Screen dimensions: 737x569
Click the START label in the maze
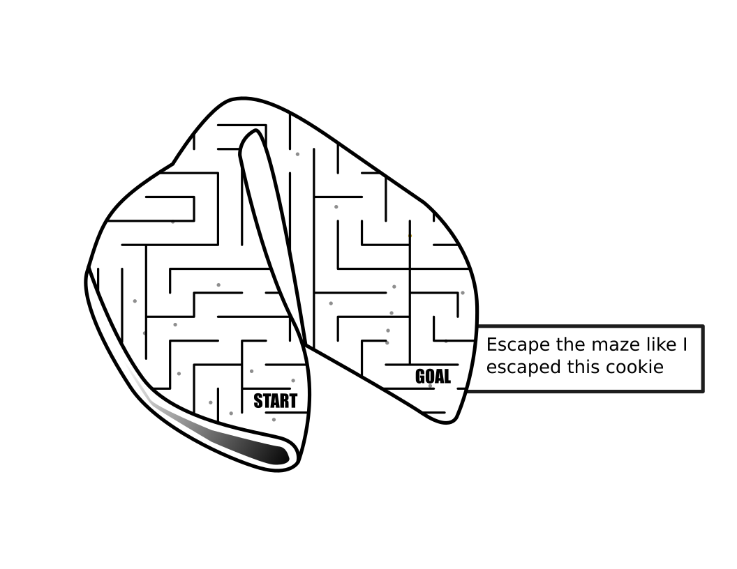click(x=275, y=401)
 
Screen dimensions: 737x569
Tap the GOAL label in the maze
click(x=433, y=377)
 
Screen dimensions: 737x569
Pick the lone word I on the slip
click(x=685, y=344)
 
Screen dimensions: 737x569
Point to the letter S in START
click(x=258, y=401)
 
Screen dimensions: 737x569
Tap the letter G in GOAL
click(x=420, y=377)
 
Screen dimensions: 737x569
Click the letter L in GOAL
click(x=447, y=377)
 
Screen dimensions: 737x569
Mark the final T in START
click(x=293, y=401)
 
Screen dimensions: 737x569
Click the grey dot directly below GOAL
click(x=430, y=386)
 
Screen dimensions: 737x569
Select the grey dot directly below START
click(x=274, y=419)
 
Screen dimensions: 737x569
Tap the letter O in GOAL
click(x=429, y=377)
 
